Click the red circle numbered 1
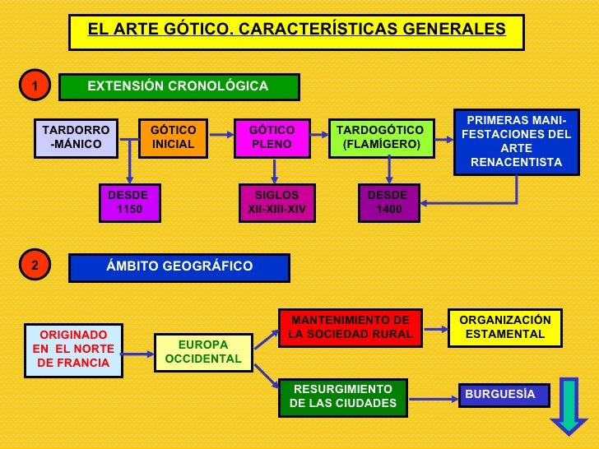pyautogui.click(x=35, y=86)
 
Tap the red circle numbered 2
pyautogui.click(x=35, y=266)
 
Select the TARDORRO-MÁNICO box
pyautogui.click(x=76, y=137)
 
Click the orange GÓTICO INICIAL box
pyautogui.click(x=174, y=137)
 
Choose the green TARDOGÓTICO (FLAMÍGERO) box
pyautogui.click(x=380, y=137)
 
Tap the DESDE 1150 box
pyautogui.click(x=128, y=202)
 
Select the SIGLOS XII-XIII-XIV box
pyautogui.click(x=276, y=202)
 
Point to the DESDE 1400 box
pyautogui.click(x=389, y=202)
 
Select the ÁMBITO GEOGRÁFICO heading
pyautogui.click(x=179, y=267)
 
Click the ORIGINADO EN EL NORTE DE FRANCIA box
pyautogui.click(x=73, y=349)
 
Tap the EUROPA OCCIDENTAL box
pyautogui.click(x=203, y=352)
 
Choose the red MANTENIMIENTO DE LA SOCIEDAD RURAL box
pyautogui.click(x=351, y=327)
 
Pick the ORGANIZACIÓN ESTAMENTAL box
pyautogui.click(x=505, y=327)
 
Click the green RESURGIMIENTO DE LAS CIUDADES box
pyautogui.click(x=343, y=396)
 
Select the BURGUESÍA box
pyautogui.click(x=500, y=395)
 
